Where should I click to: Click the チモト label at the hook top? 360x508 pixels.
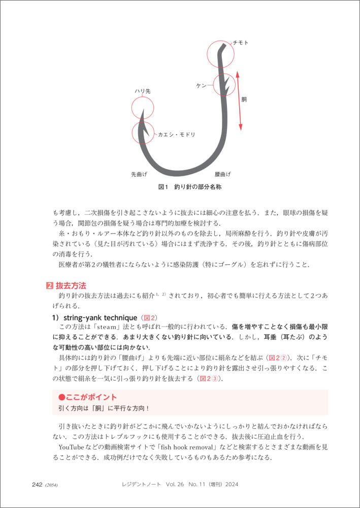click(240, 43)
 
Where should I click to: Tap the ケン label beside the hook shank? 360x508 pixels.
click(202, 86)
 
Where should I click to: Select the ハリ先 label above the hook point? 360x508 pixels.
click(142, 91)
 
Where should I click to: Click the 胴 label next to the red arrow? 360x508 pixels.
click(244, 100)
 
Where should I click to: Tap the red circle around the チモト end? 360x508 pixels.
click(220, 53)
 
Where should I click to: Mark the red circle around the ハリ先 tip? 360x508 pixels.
click(142, 108)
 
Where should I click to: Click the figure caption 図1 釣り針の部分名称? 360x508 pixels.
click(189, 187)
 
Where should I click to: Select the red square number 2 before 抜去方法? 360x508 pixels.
click(49, 285)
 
